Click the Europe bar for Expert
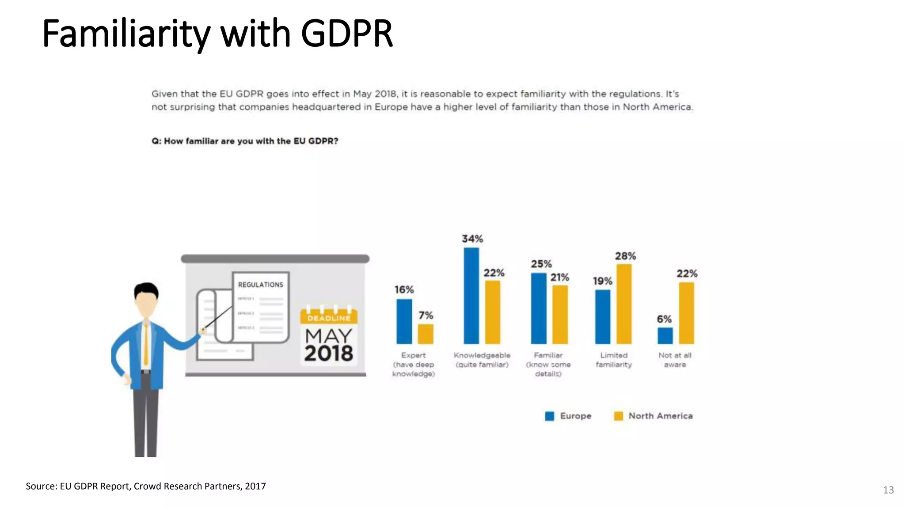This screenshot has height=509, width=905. (404, 321)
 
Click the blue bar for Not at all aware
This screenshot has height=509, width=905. (665, 335)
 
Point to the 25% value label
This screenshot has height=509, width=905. (541, 264)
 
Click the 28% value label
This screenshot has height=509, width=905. (625, 256)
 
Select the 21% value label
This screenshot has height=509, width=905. (559, 277)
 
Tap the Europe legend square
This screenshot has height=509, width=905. (549, 416)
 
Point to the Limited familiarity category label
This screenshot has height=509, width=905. (613, 360)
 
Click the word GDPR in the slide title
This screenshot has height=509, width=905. (347, 34)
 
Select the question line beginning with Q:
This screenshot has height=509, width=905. (245, 141)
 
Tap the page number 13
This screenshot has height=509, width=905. (888, 490)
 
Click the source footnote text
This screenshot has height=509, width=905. (146, 486)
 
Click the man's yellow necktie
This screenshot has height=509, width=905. (145, 345)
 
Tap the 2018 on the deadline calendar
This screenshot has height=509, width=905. (328, 353)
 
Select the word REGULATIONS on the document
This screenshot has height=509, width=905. (260, 285)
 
